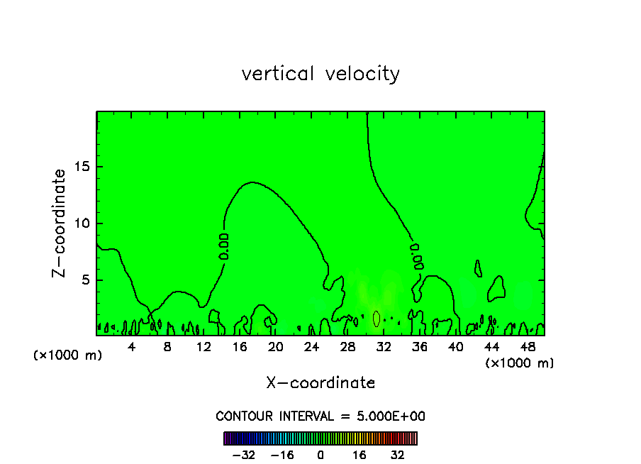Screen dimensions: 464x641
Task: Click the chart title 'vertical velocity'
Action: (x=320, y=74)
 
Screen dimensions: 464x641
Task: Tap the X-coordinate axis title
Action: (x=320, y=383)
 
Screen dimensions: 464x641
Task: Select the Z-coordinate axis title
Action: (x=60, y=223)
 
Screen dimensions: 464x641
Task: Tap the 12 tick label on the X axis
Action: (x=204, y=347)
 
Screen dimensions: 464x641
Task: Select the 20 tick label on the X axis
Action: (x=276, y=347)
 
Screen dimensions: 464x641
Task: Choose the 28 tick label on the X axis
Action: (x=347, y=347)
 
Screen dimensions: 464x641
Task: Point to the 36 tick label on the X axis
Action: (x=419, y=347)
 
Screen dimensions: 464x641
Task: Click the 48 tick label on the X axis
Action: (x=527, y=347)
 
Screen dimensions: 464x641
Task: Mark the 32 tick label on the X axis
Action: (x=384, y=347)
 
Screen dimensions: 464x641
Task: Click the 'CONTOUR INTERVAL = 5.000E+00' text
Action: (x=320, y=416)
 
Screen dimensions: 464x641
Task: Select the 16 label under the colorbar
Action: (x=360, y=455)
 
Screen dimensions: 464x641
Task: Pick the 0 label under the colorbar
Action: (x=320, y=455)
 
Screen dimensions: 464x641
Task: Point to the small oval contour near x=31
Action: (x=377, y=319)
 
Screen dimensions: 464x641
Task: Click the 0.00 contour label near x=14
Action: (x=223, y=245)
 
